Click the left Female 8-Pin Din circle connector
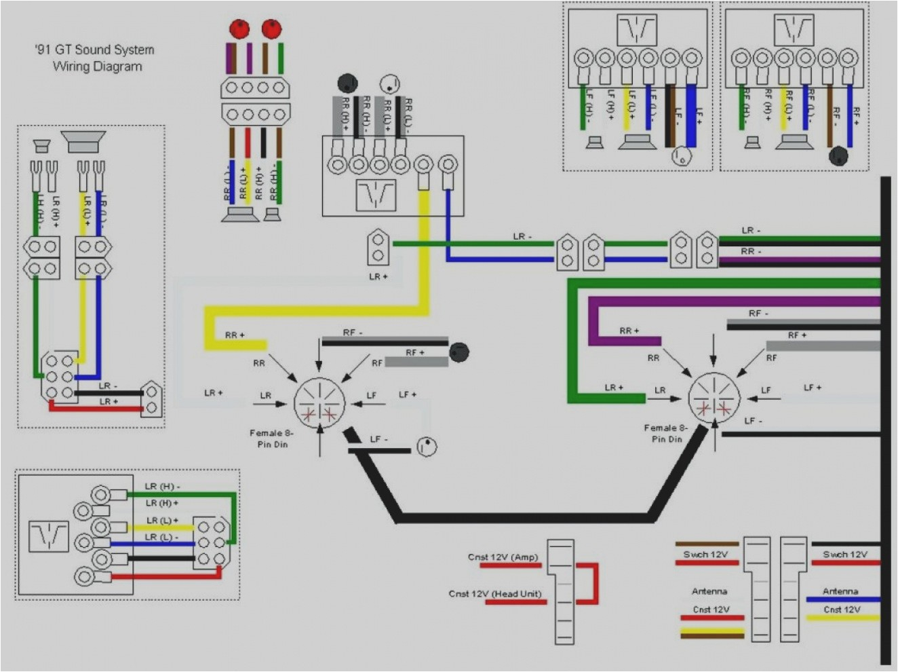click(x=319, y=403)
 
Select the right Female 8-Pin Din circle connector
click(x=714, y=398)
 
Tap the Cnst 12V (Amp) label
click(x=503, y=557)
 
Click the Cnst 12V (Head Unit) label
click(x=495, y=594)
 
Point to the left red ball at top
click(x=239, y=29)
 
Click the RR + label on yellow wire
click(x=235, y=335)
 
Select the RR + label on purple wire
click(x=629, y=331)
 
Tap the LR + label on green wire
click(x=614, y=388)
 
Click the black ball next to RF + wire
click(x=459, y=352)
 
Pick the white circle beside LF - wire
click(x=427, y=447)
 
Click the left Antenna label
click(x=709, y=591)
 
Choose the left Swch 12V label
click(x=705, y=555)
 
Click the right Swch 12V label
click(x=844, y=555)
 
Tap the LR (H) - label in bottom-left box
click(x=162, y=486)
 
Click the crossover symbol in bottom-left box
click(x=48, y=536)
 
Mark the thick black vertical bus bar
click(x=886, y=421)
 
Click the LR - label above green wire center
click(x=522, y=236)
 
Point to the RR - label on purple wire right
click(x=751, y=251)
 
